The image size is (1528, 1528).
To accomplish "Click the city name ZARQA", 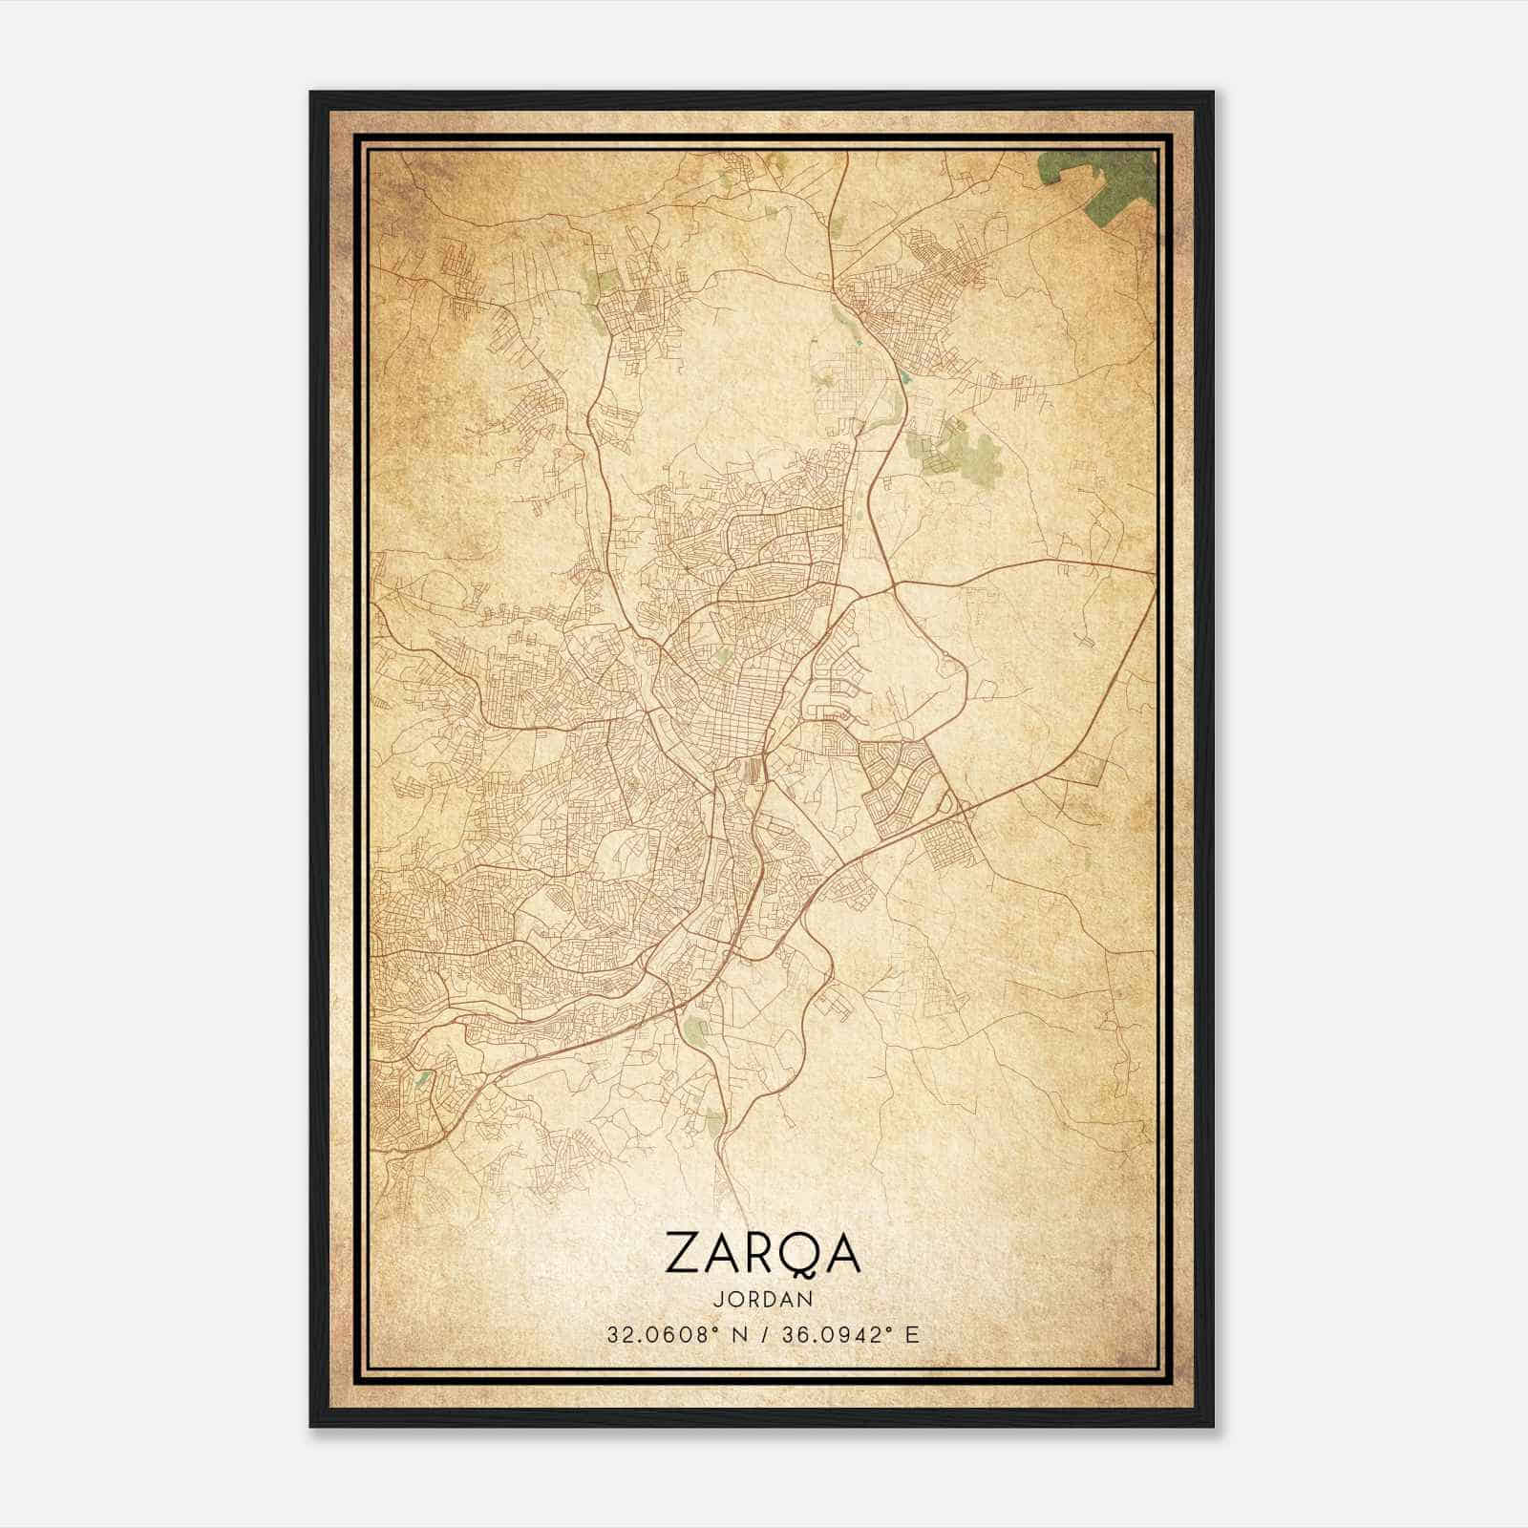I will (x=762, y=1253).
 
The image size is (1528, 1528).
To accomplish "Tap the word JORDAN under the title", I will (x=762, y=1300).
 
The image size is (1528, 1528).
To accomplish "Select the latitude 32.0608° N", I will (x=672, y=1335).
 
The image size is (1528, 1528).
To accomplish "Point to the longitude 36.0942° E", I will (x=848, y=1335).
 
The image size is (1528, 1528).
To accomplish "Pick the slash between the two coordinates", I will (x=762, y=1335).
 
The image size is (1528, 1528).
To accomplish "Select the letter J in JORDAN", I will (x=716, y=1300).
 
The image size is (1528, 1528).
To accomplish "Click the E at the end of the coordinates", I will (x=913, y=1335).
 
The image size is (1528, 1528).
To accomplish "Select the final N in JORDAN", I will (x=807, y=1300).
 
